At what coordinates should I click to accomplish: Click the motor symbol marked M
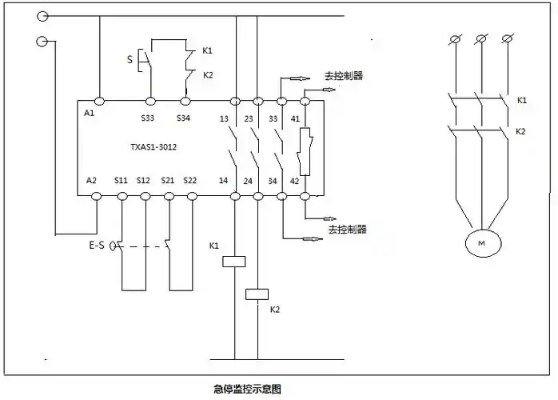[481, 241]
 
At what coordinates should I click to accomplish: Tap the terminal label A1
[88, 114]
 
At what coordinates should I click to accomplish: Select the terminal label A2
[91, 182]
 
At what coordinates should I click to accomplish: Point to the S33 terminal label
[148, 118]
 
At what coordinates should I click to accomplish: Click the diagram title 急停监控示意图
[248, 390]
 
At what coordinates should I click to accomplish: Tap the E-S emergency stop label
[96, 246]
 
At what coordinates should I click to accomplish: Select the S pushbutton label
[130, 58]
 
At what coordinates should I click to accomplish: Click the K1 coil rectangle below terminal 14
[235, 260]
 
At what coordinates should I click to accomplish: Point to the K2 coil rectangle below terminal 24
[257, 293]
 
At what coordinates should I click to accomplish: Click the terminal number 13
[225, 118]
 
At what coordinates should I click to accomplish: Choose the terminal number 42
[295, 182]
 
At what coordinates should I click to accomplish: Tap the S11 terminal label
[121, 182]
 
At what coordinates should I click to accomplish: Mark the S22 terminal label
[189, 182]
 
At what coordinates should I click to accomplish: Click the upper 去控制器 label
[344, 77]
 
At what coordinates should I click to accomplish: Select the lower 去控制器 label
[346, 229]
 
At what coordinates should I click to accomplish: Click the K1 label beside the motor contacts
[521, 100]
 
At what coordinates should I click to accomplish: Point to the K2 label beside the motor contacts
[521, 130]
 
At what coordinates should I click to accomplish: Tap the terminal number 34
[273, 182]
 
